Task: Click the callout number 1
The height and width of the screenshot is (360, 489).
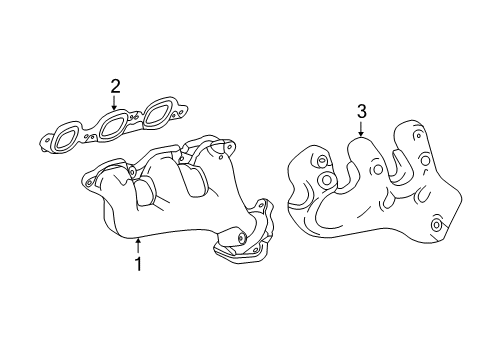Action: tap(138, 265)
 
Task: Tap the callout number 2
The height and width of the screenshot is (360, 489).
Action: tap(115, 85)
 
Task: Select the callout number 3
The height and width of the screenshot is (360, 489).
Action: tap(360, 112)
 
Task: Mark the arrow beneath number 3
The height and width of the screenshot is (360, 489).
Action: tap(360, 129)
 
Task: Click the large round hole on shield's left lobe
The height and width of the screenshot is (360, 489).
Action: tap(324, 181)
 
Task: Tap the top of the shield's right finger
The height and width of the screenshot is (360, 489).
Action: tap(409, 128)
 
